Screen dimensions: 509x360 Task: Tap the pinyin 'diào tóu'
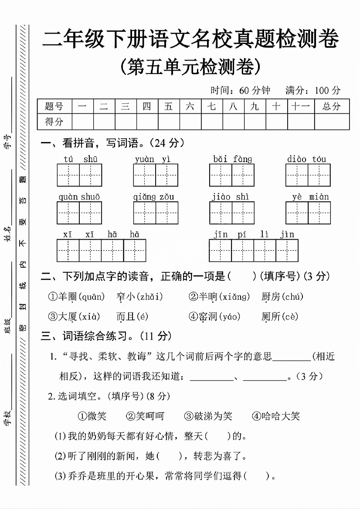click(x=306, y=159)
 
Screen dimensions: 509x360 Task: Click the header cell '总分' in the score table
click(x=332, y=106)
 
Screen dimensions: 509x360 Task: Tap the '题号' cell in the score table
click(x=54, y=106)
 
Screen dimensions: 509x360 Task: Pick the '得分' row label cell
click(x=54, y=122)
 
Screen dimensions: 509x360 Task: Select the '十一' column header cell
click(x=301, y=106)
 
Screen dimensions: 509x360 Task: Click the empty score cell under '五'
click(x=169, y=122)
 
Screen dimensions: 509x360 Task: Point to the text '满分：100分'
click(x=313, y=90)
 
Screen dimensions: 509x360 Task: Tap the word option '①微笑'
click(x=92, y=416)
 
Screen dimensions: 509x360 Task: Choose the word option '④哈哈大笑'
click(x=276, y=416)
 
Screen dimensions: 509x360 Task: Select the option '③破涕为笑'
click(x=208, y=416)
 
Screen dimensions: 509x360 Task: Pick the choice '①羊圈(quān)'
click(x=76, y=297)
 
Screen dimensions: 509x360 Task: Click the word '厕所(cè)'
click(x=280, y=317)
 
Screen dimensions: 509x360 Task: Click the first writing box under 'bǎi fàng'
click(x=221, y=175)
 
